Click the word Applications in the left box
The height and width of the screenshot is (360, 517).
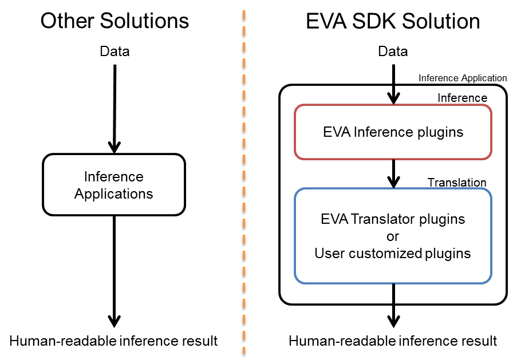pos(113,194)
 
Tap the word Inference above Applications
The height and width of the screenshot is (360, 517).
pos(113,177)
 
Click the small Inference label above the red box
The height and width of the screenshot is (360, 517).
pos(462,98)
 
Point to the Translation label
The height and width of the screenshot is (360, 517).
pos(456,183)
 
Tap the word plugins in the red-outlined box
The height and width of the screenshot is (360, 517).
pos(439,132)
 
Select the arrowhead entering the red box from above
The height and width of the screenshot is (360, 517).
pos(393,98)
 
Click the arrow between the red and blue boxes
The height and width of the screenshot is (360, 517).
pos(393,174)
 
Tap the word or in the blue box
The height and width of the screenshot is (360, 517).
pos(393,236)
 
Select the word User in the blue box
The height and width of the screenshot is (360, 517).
pos(329,253)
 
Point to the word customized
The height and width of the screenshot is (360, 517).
pos(383,253)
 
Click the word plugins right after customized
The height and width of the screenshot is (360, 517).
pos(448,253)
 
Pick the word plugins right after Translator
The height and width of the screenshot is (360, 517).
pos(441,219)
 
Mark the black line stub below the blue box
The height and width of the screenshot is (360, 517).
pos(393,293)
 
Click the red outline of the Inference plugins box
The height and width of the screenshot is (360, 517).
pos(295,132)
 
